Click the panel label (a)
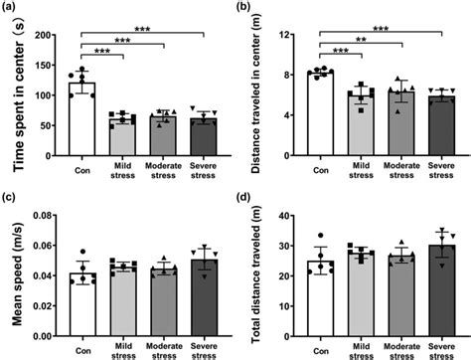click(x=15, y=9)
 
